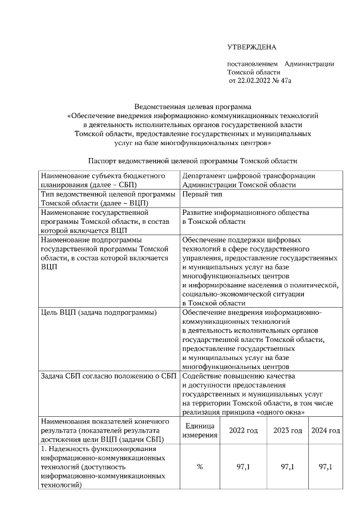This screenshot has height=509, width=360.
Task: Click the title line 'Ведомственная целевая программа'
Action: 192,106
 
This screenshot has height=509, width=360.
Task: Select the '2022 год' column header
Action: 243,431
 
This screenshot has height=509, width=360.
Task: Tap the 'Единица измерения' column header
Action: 200,431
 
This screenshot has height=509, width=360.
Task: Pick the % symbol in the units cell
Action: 200,467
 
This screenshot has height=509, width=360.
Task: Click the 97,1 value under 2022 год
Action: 243,467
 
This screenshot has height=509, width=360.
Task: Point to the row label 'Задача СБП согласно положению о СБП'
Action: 109,376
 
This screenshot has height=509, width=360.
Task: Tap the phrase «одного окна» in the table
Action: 285,412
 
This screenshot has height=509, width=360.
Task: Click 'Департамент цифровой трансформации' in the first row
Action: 249,176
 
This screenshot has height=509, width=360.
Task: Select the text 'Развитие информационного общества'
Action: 246,213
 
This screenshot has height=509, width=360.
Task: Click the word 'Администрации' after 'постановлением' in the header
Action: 309,64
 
